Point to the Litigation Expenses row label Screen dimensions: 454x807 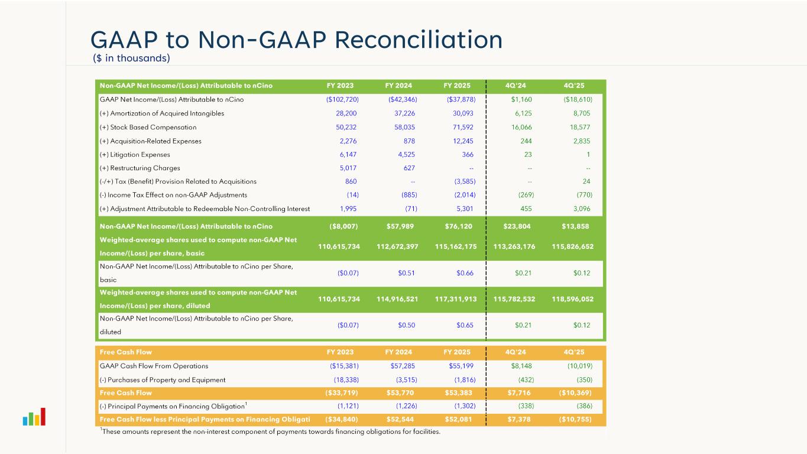(x=135, y=154)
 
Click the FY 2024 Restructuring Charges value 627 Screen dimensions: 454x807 (x=409, y=168)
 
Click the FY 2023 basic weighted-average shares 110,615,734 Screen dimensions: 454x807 (x=339, y=247)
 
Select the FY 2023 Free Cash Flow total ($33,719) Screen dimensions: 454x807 (x=342, y=393)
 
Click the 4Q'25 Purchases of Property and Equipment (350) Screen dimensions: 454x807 (x=584, y=380)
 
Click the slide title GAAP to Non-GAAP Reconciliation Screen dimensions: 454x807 (x=296, y=40)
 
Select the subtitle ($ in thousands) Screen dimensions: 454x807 (x=131, y=58)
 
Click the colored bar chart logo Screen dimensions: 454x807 (x=34, y=417)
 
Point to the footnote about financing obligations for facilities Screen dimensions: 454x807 (x=270, y=432)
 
